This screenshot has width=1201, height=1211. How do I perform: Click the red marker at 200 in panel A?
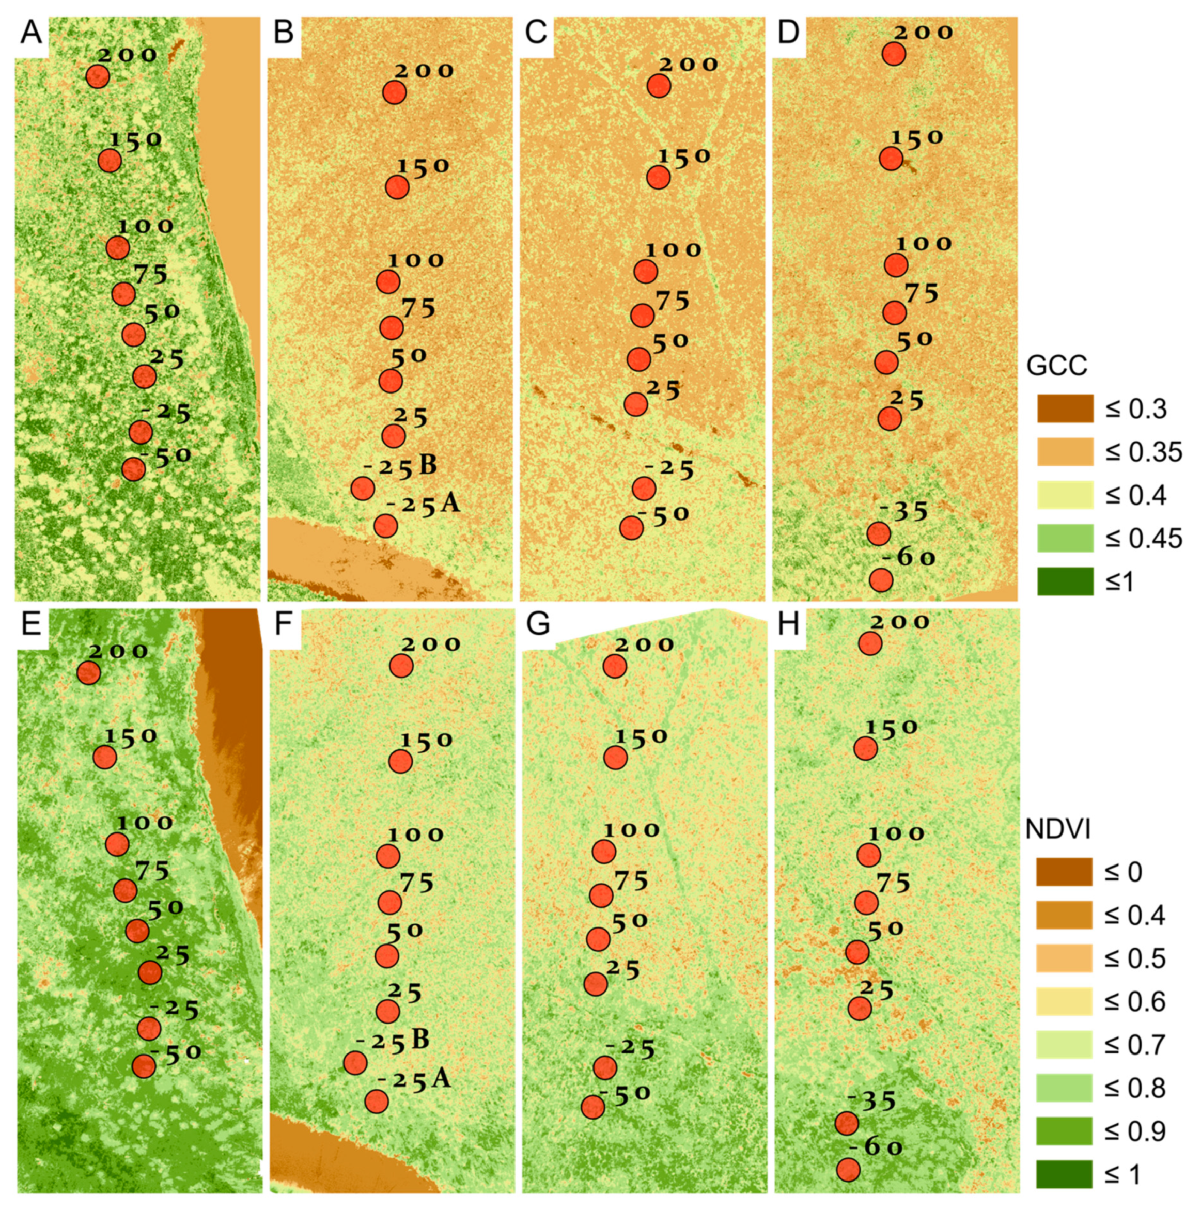(98, 76)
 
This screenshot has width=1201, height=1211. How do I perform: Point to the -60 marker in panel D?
(881, 580)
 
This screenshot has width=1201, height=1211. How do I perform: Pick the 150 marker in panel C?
(658, 177)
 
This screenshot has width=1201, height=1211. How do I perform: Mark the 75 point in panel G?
(602, 895)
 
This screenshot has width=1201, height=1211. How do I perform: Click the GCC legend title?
(1056, 366)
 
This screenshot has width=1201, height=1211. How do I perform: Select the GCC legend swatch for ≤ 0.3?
(1065, 408)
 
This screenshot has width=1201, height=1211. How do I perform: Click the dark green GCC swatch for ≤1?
(1065, 581)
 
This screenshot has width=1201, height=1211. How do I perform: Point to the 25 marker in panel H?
(860, 1009)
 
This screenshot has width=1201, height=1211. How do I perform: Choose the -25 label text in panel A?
(165, 413)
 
